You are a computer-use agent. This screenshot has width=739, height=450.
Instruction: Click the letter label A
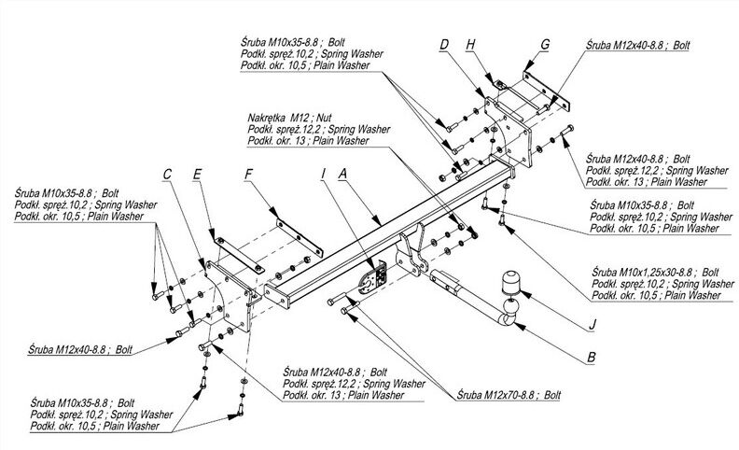(x=342, y=174)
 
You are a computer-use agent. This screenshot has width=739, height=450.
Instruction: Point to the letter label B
(x=591, y=358)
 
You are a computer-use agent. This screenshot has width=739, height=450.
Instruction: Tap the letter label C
(x=167, y=174)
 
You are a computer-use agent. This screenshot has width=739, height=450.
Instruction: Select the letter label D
(x=444, y=45)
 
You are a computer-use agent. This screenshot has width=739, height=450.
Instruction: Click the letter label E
(x=197, y=174)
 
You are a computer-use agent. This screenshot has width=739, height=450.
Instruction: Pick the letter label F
(x=248, y=174)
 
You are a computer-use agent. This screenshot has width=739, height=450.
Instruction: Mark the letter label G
(x=545, y=44)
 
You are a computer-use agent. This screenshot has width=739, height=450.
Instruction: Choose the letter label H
(x=470, y=45)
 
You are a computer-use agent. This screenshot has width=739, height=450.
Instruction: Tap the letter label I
(x=323, y=174)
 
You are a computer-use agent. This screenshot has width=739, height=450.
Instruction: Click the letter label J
(x=592, y=325)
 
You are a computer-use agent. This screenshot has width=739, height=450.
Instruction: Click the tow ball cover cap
(x=510, y=283)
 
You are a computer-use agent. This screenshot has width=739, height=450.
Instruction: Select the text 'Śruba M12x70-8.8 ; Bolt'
(x=509, y=395)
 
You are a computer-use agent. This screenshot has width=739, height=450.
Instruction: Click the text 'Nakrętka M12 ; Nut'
(x=289, y=118)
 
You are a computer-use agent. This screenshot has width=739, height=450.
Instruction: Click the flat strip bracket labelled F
(x=300, y=238)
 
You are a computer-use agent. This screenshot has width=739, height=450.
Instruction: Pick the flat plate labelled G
(x=547, y=91)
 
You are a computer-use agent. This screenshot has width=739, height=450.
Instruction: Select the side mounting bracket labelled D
(x=509, y=132)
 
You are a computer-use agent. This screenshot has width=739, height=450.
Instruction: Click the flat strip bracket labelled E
(x=239, y=255)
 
